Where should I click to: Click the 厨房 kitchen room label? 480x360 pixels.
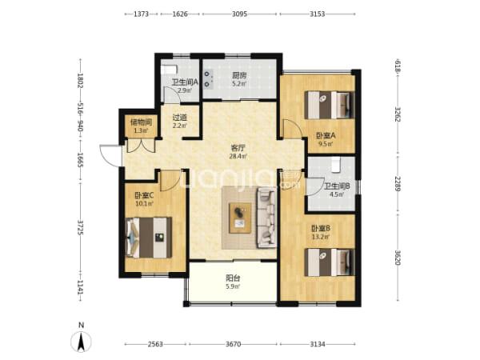[239, 75]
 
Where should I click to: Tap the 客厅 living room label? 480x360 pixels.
[238, 149]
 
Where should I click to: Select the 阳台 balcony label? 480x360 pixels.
[233, 278]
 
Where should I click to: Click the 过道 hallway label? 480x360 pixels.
[180, 118]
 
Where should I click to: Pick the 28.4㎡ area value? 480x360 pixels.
[238, 157]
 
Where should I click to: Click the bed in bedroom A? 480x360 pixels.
[330, 105]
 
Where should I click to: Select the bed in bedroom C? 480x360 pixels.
[149, 238]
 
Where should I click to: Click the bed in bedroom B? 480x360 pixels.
[330, 262]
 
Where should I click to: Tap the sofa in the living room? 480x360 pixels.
[266, 218]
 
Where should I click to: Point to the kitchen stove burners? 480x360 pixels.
[209, 78]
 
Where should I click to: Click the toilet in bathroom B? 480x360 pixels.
[336, 165]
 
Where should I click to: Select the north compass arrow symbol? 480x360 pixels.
[81, 342]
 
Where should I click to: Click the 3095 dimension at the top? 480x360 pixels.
[239, 14]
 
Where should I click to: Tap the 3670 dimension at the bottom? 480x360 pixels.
[233, 344]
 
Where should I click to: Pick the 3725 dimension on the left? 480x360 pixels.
[81, 227]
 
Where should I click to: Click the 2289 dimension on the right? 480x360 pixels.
[398, 183]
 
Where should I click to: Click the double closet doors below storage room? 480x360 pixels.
[141, 146]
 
